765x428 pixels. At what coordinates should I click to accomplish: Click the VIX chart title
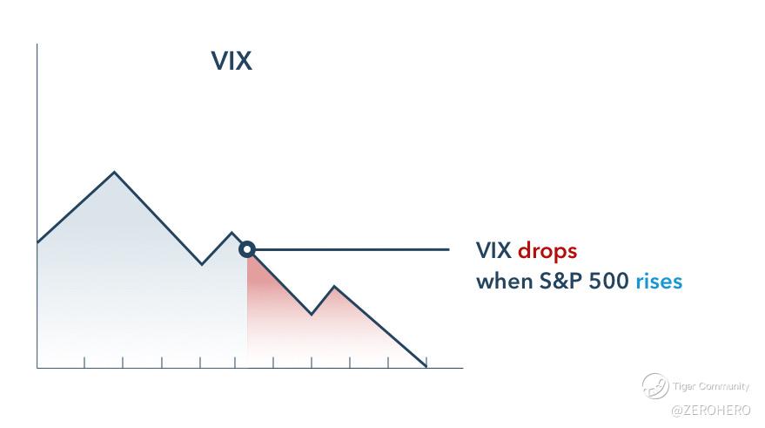coord(232,61)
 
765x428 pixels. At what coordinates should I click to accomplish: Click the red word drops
coord(547,251)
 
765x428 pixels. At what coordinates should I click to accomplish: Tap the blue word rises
coord(659,281)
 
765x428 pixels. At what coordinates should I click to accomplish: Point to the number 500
coord(608,281)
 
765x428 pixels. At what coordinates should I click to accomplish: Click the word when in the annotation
coord(505,281)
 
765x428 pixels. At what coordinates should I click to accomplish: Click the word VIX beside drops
coord(493,251)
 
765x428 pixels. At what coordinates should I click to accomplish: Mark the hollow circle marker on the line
coord(247,249)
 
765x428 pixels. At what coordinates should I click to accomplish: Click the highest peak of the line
coord(114,172)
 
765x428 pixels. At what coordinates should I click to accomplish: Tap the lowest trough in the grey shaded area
coord(202,264)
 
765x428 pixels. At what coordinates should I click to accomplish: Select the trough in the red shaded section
coord(312,315)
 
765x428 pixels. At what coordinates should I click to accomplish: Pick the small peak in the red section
coord(334,286)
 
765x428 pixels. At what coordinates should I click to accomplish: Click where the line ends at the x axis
coord(426,366)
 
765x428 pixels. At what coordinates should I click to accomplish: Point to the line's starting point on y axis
coord(37,242)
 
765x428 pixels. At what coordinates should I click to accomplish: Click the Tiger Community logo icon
coord(655,386)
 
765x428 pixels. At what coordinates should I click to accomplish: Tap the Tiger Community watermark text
coord(711,386)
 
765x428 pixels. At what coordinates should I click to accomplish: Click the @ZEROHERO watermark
coord(711,411)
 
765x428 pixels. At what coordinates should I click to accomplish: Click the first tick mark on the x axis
coord(84,363)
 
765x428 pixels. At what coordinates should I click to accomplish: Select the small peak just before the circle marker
coord(232,232)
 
